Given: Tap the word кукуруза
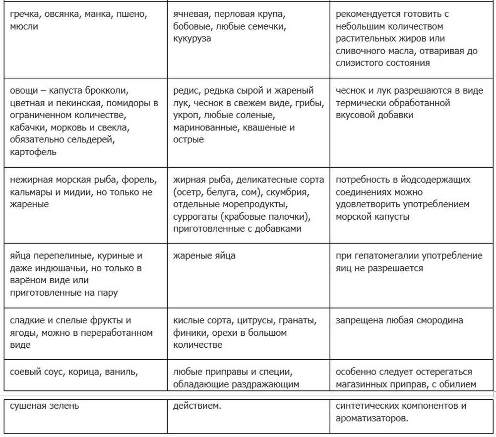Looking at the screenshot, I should click(x=192, y=39).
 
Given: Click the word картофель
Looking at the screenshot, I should click(x=33, y=152).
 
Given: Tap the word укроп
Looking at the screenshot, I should click(x=186, y=116).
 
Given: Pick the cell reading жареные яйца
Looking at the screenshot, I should click(x=204, y=256).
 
